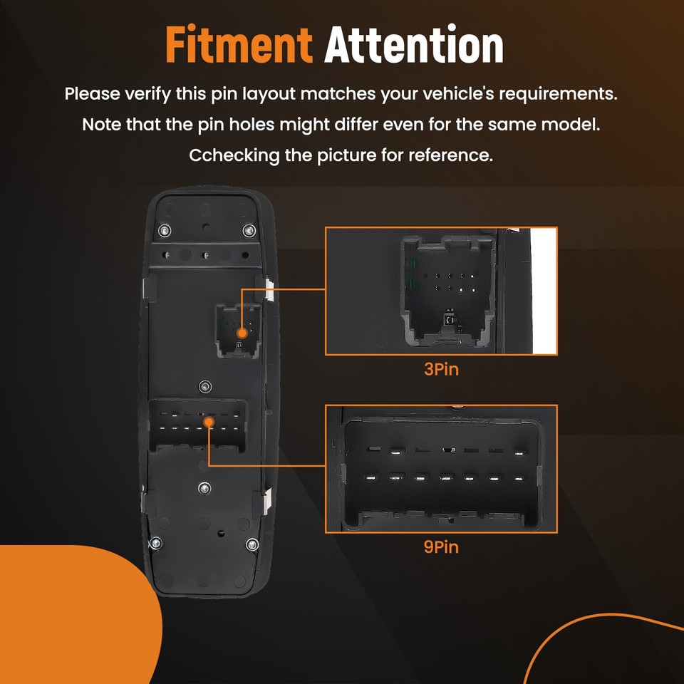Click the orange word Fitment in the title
pos(239,44)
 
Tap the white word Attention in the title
pos(414,44)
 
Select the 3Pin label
pos(441,370)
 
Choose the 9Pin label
pos(441,547)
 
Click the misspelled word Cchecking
pos(234,155)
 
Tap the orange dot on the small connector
pos(242,333)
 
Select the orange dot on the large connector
pos(209,422)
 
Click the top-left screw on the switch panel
pos(165,230)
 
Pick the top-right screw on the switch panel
pos(249,230)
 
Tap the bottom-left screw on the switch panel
pos(156,543)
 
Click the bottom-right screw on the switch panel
pos(252,544)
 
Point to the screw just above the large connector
pos(205,386)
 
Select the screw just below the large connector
pos(204,488)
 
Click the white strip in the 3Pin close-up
pos(544,291)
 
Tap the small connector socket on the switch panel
pos(238,331)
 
